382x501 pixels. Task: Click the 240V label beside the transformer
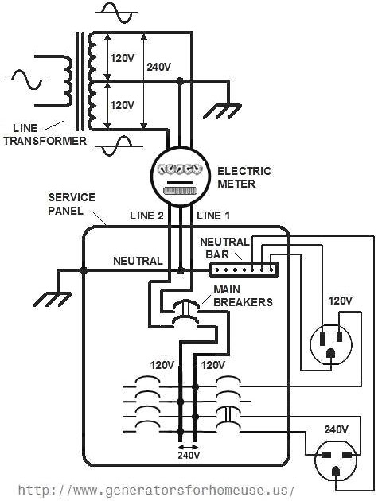pos(159,67)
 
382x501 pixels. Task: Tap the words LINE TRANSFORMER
pos(45,134)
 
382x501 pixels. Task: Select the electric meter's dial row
pos(181,169)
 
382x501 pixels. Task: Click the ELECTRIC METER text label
pos(244,177)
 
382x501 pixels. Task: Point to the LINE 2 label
pos(146,216)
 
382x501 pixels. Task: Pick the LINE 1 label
pos(213,216)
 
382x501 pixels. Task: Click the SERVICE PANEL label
pos(72,204)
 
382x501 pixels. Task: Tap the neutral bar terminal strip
pos(244,270)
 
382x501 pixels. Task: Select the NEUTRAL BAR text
pos(224,248)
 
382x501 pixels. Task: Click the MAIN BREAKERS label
pos(243,296)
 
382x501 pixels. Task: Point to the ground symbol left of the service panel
pos(53,299)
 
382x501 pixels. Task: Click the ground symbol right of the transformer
pos(223,111)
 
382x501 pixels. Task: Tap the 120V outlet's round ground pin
pos(330,354)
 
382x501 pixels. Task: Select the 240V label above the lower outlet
pos(337,429)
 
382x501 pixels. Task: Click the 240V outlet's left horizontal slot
pos(326,455)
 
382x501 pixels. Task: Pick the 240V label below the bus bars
pos(189,455)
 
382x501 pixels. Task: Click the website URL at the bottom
pos(157,490)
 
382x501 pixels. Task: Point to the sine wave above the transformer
pos(117,13)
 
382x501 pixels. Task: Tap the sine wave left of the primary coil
pos(28,80)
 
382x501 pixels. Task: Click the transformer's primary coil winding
pos(68,80)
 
